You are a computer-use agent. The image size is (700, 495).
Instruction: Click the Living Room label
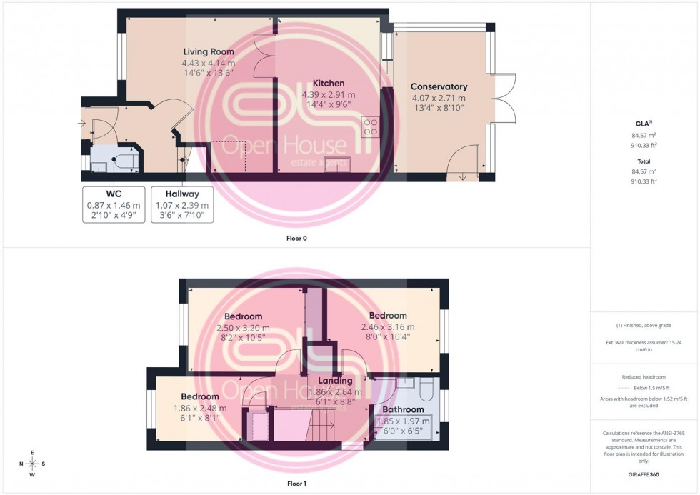pos(208,51)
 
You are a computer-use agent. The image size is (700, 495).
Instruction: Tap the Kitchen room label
pos(328,83)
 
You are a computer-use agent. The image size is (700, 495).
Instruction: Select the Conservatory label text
pos(439,86)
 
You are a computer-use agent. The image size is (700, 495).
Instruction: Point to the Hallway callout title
pos(182,194)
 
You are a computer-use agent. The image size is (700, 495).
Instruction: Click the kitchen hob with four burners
pos(371,127)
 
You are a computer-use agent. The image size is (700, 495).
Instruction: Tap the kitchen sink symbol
pos(335,163)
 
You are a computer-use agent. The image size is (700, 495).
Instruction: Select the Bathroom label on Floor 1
pos(403,409)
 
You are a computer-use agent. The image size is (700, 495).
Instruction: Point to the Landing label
pos(335,381)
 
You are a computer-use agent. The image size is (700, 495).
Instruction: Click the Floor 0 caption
pos(296,238)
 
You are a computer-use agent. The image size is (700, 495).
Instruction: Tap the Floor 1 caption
pos(296,484)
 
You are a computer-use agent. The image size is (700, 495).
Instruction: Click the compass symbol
pos(32,464)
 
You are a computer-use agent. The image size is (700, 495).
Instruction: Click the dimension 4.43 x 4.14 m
pos(208,63)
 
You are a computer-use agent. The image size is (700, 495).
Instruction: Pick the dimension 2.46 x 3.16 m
pos(388,327)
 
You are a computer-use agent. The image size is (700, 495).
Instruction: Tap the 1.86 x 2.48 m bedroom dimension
pos(199,409)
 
